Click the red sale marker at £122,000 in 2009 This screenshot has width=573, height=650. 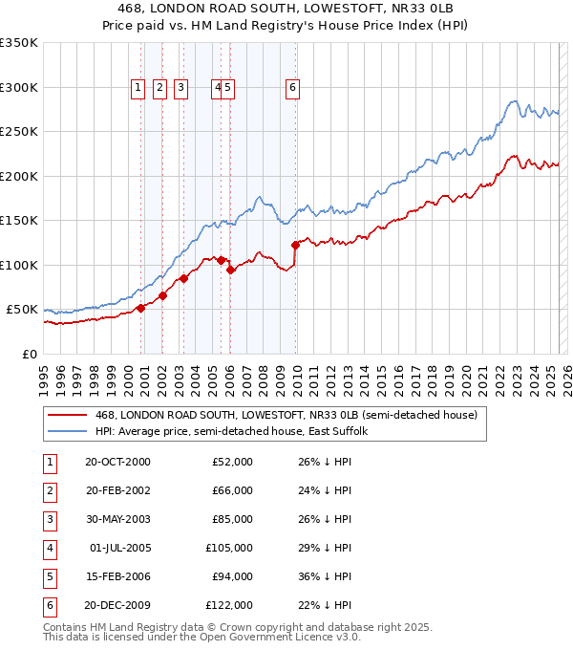(x=295, y=246)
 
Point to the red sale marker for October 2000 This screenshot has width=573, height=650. (x=140, y=308)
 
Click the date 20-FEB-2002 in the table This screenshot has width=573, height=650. (x=117, y=490)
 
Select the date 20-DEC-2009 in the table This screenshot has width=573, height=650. (x=117, y=605)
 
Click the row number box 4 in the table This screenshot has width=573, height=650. (x=50, y=548)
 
